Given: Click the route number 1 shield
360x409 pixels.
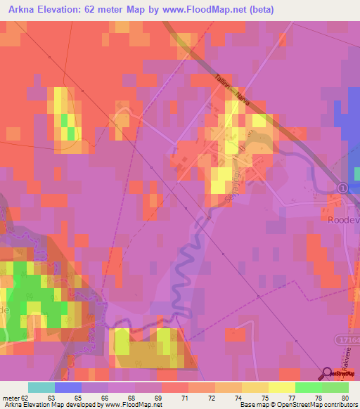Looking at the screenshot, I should pos(342,188).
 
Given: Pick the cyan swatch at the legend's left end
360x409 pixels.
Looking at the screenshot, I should pos(41,387).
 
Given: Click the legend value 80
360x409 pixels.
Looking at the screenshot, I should pos(345,397).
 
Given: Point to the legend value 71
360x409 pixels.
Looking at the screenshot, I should pos(184,397).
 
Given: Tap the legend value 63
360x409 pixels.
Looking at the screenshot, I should pos(51,397).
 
